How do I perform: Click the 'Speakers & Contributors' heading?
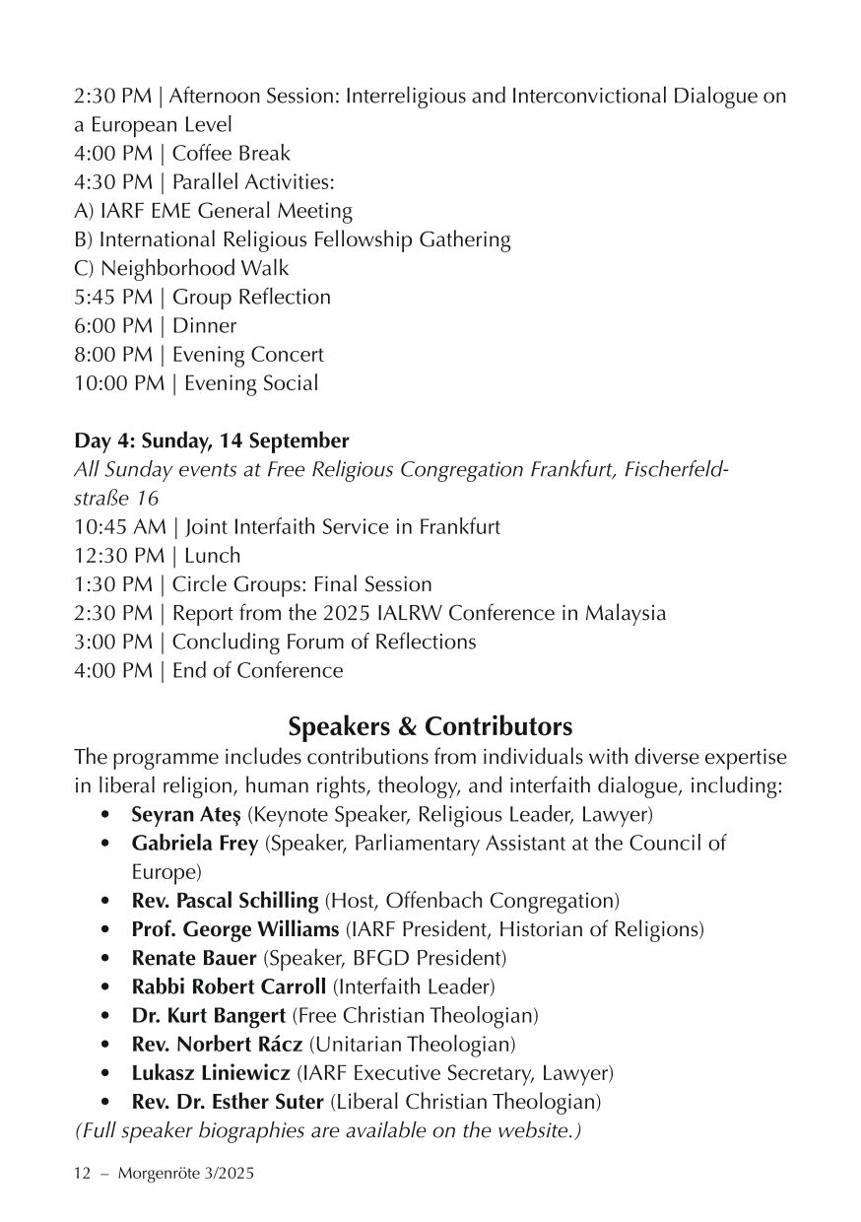(x=430, y=727)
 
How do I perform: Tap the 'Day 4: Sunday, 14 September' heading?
(x=211, y=440)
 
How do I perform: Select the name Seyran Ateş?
(x=186, y=815)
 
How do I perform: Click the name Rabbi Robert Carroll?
(x=230, y=986)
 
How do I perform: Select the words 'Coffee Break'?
(x=232, y=154)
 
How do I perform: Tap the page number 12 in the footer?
(x=83, y=1174)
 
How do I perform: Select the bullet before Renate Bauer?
(x=106, y=958)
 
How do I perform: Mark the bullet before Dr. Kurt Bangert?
(x=106, y=1015)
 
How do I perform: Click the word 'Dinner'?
(x=204, y=326)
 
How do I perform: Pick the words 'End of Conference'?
(x=258, y=671)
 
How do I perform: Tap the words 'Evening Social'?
(x=245, y=383)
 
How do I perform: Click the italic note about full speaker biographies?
(x=328, y=1129)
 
